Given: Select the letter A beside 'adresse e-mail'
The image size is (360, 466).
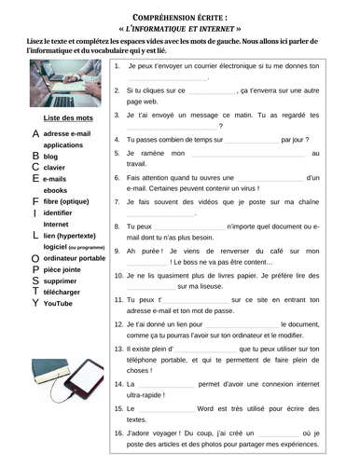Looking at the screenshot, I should (35, 133).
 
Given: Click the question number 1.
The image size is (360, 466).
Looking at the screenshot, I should (116, 67).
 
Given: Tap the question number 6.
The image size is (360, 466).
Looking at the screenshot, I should (116, 177).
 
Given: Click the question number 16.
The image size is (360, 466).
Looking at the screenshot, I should (118, 433).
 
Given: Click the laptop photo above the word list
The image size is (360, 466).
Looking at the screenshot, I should (65, 85).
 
